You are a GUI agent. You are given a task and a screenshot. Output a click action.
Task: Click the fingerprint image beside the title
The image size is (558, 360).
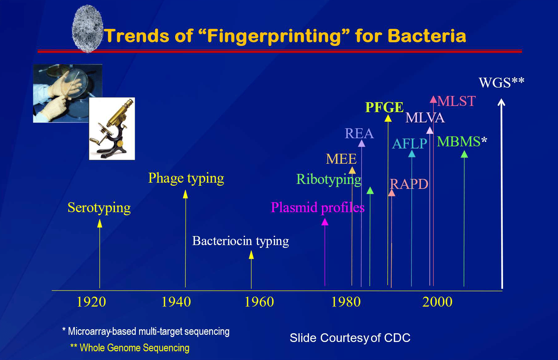pos(87,29)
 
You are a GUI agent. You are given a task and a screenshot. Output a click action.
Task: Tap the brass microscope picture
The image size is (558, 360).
pos(112,129)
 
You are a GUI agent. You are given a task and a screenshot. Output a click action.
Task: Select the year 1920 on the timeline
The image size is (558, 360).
pos(91,302)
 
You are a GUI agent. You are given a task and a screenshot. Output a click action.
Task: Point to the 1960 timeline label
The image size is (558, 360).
pos(259,302)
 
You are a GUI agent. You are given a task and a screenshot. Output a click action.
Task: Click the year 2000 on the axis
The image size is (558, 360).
pos(437,302)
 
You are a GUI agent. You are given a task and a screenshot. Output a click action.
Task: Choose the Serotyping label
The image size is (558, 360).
pos(99,208)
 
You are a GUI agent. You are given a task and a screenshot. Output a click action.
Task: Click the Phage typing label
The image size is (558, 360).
pos(186,179)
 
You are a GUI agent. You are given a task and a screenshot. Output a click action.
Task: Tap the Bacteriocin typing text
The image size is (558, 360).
pos(241,241)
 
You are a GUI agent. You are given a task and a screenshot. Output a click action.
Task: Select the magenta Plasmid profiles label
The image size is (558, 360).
pos(318,207)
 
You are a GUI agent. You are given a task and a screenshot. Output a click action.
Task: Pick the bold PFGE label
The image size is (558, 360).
pos(384,107)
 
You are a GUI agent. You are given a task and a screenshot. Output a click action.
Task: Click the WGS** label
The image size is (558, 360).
pos(501,83)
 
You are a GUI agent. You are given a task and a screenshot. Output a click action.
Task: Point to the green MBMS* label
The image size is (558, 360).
pos(462,142)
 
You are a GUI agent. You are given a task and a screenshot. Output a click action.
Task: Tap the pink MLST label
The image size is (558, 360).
pos(456,101)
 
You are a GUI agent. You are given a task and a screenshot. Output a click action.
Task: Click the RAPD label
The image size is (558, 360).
pos(409,184)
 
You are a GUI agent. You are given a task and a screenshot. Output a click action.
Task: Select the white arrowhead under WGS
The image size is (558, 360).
pos(501,102)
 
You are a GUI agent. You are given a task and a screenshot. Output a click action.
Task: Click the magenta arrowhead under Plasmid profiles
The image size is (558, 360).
pos(325,222)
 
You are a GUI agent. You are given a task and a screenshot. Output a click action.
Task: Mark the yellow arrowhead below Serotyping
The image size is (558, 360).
pos(100,223)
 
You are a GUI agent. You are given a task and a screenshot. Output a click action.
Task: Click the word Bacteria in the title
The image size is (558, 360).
pos(427,36)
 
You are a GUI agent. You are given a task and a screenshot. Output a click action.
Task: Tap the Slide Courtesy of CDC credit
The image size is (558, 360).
pos(350,338)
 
